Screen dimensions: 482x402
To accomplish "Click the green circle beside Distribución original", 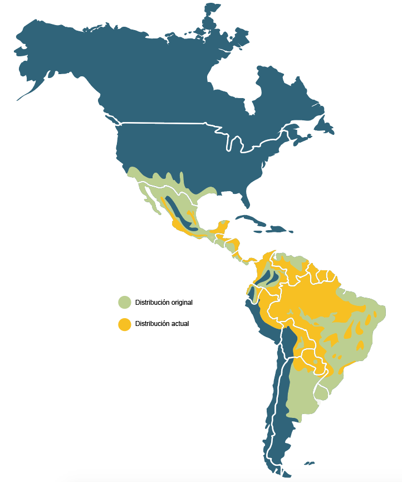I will tap(124, 303).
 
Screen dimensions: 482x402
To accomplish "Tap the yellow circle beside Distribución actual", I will tap(124, 324).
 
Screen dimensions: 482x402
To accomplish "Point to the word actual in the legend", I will tap(179, 324).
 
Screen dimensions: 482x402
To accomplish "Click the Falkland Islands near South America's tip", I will tap(310, 462).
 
